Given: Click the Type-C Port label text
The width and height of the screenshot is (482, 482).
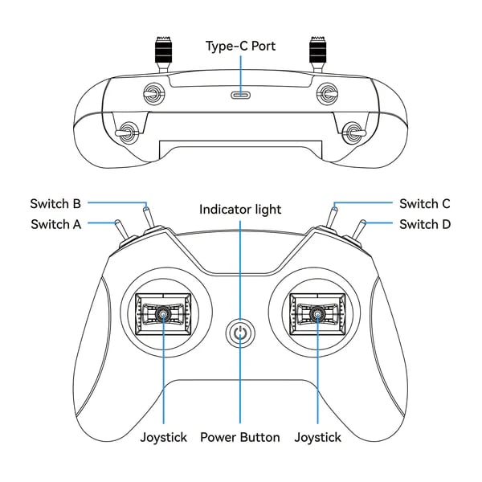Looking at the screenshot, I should (240, 46).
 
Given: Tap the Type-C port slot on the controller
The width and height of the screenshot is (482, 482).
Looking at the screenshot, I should (240, 94).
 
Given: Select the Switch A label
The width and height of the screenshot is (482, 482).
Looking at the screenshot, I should (55, 224).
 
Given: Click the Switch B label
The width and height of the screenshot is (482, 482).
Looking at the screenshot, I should (55, 203).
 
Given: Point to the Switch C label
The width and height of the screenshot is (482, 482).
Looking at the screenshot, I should (424, 203).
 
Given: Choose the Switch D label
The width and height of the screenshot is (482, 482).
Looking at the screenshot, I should (425, 224).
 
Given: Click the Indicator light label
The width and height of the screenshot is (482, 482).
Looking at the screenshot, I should (240, 210).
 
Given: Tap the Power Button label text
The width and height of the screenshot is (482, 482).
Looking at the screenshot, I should (240, 437).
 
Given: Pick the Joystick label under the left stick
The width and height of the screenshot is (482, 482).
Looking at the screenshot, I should (163, 437).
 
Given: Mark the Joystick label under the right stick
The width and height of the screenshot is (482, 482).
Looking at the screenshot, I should (317, 437).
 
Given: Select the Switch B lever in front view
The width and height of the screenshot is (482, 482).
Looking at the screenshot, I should (148, 218).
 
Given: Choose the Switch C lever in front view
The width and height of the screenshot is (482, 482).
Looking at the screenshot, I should (333, 218).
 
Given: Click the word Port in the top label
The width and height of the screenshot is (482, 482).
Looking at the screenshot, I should (263, 46).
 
